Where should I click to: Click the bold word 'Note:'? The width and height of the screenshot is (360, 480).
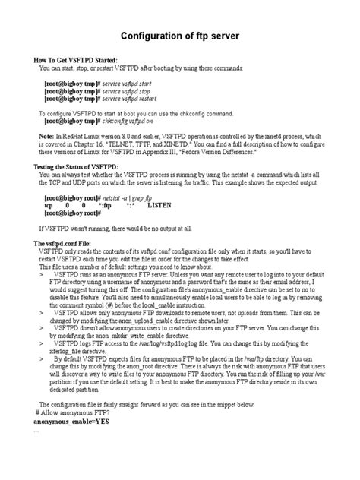coord(46,135)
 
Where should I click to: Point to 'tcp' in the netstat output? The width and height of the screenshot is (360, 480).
coord(49,204)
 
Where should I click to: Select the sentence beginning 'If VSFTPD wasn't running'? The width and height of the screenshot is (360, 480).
coord(115,227)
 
